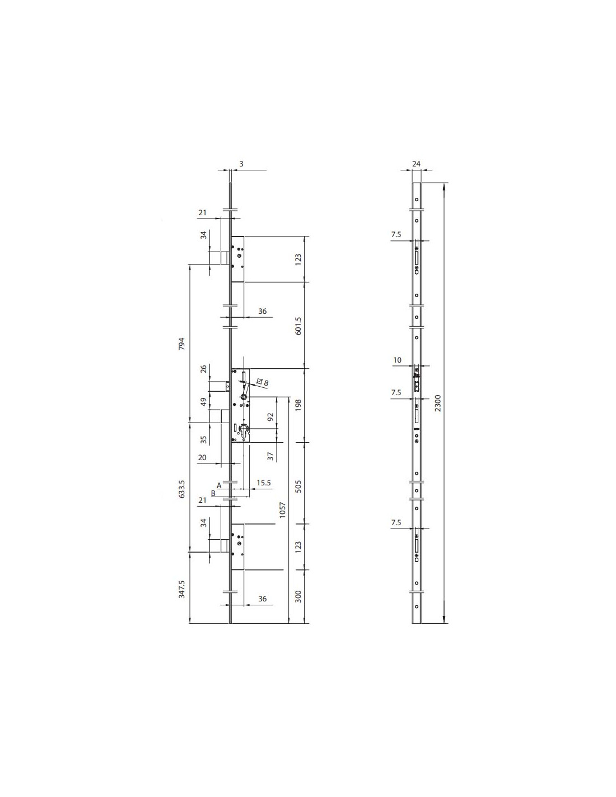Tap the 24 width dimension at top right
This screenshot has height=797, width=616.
(x=416, y=164)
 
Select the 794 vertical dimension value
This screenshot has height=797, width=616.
(x=182, y=344)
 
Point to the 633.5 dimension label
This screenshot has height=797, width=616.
(x=182, y=489)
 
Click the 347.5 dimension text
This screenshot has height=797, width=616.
(x=182, y=599)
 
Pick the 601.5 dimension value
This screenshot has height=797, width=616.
(x=298, y=325)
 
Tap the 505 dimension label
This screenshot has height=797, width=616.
(x=298, y=486)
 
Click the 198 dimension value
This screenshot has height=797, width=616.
(x=298, y=405)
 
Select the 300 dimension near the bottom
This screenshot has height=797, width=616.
(x=298, y=596)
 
